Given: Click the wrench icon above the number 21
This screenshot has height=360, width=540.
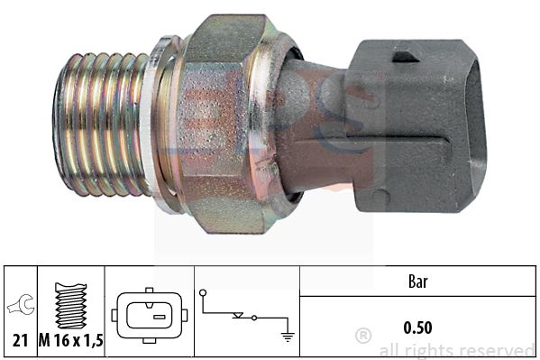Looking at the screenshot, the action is (x=22, y=305).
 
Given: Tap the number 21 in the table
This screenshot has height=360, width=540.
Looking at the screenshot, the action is (x=20, y=341).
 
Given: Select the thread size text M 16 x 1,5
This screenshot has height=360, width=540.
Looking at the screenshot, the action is (x=70, y=341).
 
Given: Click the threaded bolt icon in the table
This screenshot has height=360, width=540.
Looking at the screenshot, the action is (x=71, y=306).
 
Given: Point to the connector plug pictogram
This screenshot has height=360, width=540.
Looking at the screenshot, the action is (x=150, y=316).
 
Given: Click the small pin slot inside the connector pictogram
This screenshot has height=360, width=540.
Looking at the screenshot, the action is (x=159, y=317).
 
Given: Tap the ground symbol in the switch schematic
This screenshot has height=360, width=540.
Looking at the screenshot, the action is (x=288, y=337).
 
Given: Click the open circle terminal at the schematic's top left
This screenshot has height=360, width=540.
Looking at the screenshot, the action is (x=203, y=293).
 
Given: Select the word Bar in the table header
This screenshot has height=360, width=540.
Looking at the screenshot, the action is (x=417, y=282).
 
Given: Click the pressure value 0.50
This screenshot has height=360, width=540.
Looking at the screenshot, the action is (x=417, y=328).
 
